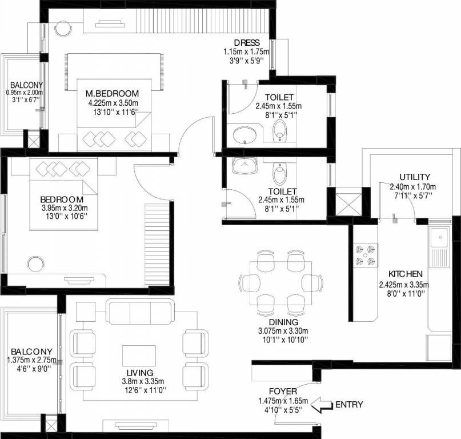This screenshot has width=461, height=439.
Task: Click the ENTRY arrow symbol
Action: click(322, 405)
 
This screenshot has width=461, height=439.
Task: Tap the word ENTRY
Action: click(349, 405)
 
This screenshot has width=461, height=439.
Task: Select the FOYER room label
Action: click(283, 391)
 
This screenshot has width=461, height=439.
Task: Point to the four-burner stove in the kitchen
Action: click(366, 254)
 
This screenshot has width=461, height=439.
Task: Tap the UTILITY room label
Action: click(415, 177)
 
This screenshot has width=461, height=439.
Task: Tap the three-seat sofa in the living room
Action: click(139, 312)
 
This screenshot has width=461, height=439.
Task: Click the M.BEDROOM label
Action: click(113, 93)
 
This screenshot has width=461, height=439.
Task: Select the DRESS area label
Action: click(247, 43)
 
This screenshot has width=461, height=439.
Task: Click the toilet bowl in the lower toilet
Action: click(279, 172)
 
